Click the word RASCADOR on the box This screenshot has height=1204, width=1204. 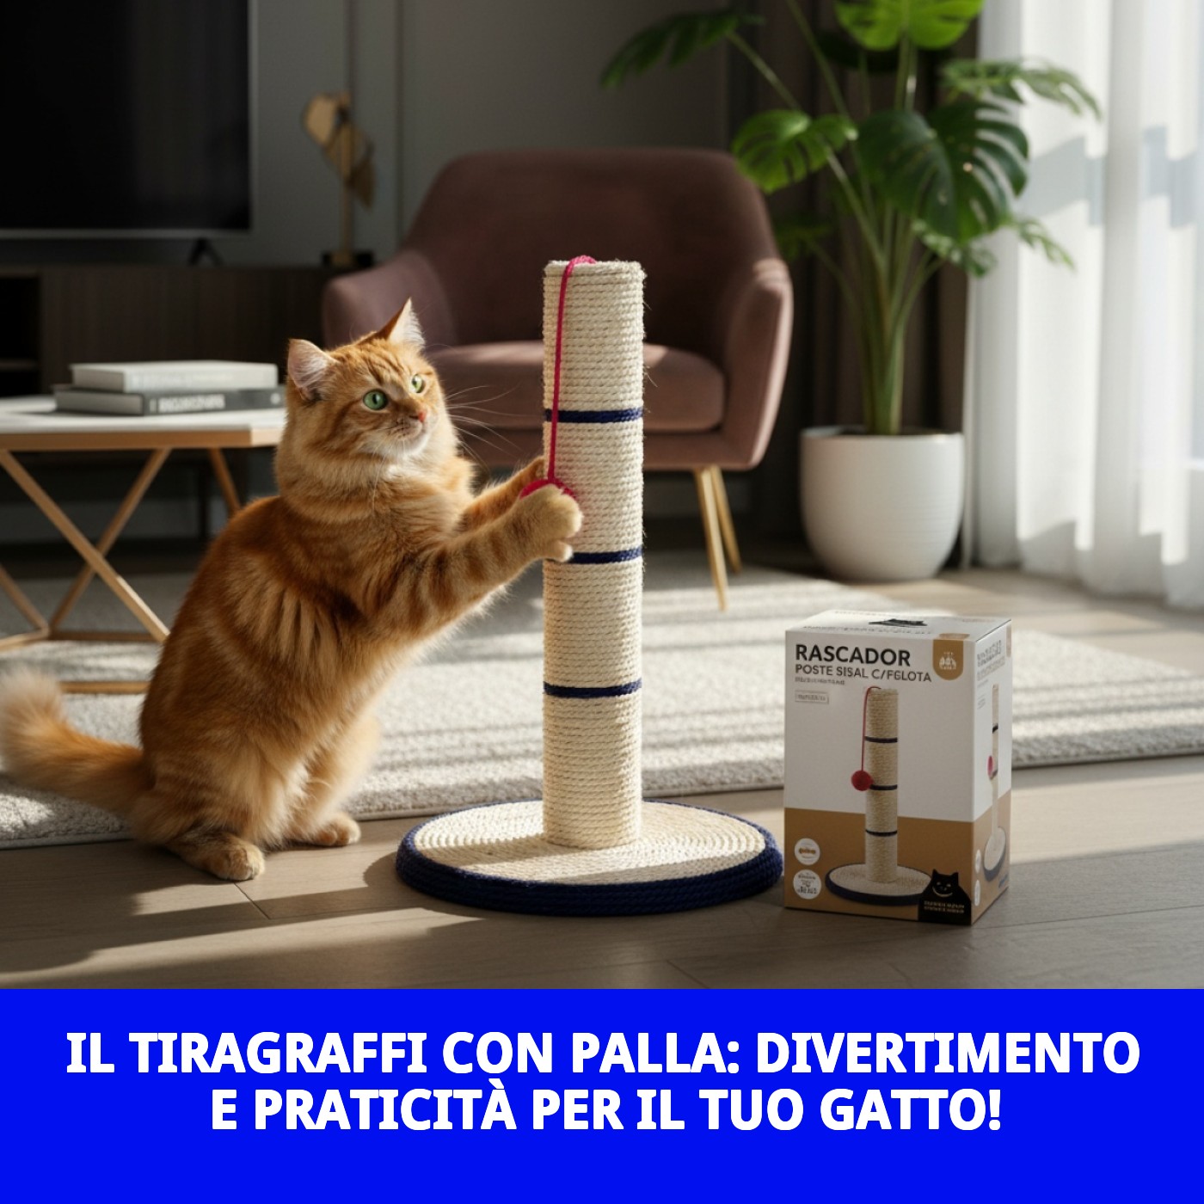(839, 657)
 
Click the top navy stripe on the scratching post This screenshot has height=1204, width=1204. (593, 415)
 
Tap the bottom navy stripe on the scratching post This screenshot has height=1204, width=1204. (593, 689)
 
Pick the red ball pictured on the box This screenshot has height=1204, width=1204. (860, 780)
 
